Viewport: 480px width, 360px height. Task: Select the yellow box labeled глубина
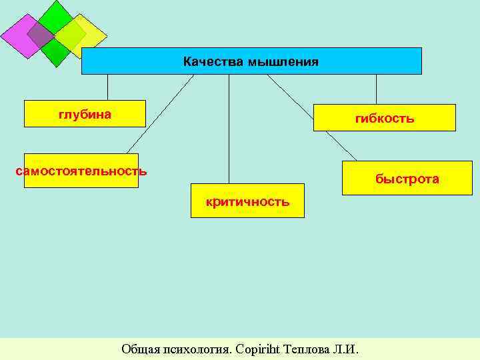(85, 114)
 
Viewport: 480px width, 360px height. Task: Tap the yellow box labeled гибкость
(385, 118)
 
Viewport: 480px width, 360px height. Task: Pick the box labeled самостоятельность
(81, 171)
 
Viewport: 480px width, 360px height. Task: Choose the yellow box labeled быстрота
(407, 179)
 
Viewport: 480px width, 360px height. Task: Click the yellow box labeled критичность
(247, 201)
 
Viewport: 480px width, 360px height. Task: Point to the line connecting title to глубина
(107, 87)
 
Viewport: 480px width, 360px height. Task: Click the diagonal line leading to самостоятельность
(160, 114)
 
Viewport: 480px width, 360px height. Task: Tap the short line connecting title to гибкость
(376, 89)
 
